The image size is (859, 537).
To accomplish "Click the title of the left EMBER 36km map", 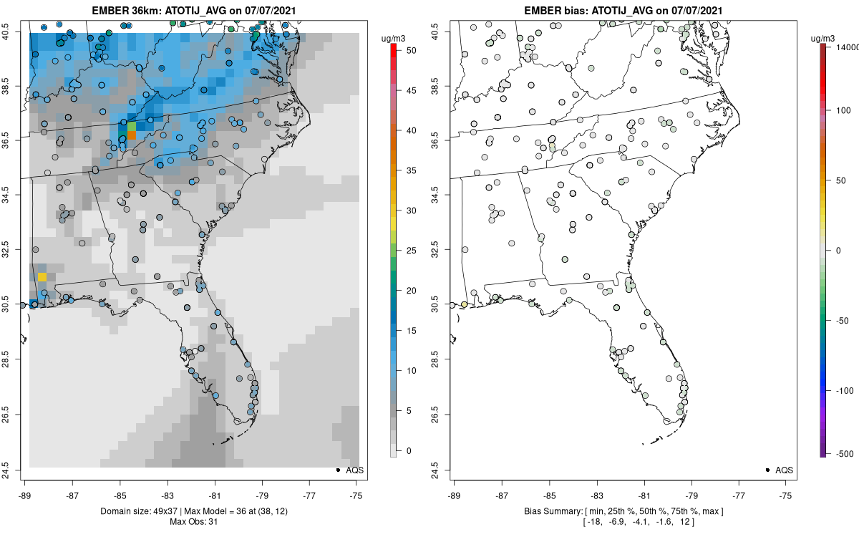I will coord(193,11).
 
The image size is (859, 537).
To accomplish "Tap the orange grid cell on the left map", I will coord(131,135).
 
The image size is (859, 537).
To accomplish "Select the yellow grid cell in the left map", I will coord(42,277).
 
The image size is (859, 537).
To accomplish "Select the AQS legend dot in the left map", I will coord(337,470).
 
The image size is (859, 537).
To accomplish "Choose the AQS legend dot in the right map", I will coord(767,470).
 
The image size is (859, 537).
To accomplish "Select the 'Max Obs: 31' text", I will coord(193,522).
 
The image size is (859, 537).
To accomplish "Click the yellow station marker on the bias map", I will coord(464,304).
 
